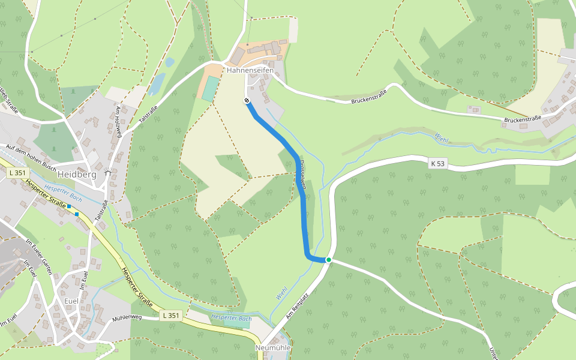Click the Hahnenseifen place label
250,70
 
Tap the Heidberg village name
77,174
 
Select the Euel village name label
71,301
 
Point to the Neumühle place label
273,347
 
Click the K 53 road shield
438,163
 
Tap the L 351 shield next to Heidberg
18,173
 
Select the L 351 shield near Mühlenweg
171,315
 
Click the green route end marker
329,260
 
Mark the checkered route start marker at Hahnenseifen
247,101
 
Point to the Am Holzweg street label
118,122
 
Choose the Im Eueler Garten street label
38,256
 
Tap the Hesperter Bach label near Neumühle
232,318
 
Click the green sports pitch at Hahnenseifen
210,89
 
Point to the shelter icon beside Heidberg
107,173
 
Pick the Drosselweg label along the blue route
303,175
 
